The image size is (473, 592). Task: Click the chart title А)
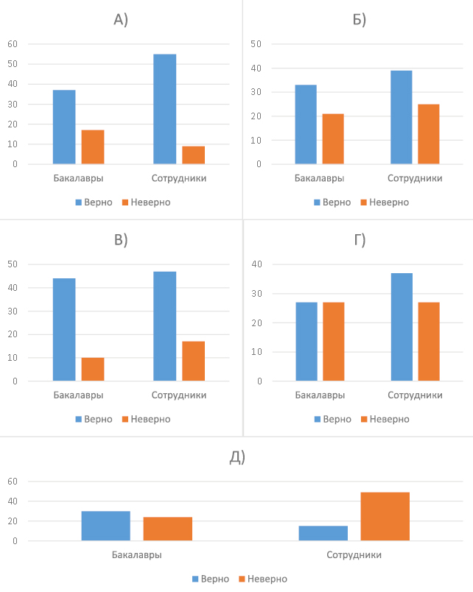point(121,20)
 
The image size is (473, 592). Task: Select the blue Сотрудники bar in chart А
point(165,109)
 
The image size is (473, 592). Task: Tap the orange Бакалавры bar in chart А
point(93,147)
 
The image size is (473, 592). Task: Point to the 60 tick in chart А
point(13,44)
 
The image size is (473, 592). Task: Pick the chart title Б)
point(360,20)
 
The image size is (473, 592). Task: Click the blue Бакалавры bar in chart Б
point(306,124)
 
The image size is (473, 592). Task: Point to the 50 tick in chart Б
point(256,44)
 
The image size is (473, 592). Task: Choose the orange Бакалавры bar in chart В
point(93,370)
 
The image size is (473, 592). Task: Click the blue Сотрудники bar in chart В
point(165,326)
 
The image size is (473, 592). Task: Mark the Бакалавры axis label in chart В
point(78,395)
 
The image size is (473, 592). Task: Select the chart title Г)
point(360,239)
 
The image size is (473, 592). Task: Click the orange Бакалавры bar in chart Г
point(333,342)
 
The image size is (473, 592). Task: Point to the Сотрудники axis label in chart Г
point(415,395)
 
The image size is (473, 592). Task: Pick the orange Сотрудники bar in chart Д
point(385,517)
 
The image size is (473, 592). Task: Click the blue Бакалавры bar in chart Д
point(105,526)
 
